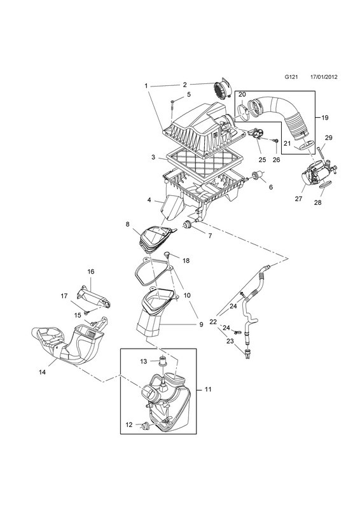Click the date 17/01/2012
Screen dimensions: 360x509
pos(324,86)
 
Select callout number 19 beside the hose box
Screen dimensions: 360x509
pos(324,118)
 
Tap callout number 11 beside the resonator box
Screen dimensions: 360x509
pos(208,389)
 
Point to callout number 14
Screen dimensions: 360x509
pos(42,372)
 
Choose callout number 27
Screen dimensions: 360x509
pos(298,199)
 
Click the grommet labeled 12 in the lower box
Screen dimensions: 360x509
pos(146,424)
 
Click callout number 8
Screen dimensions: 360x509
pos(127,224)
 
